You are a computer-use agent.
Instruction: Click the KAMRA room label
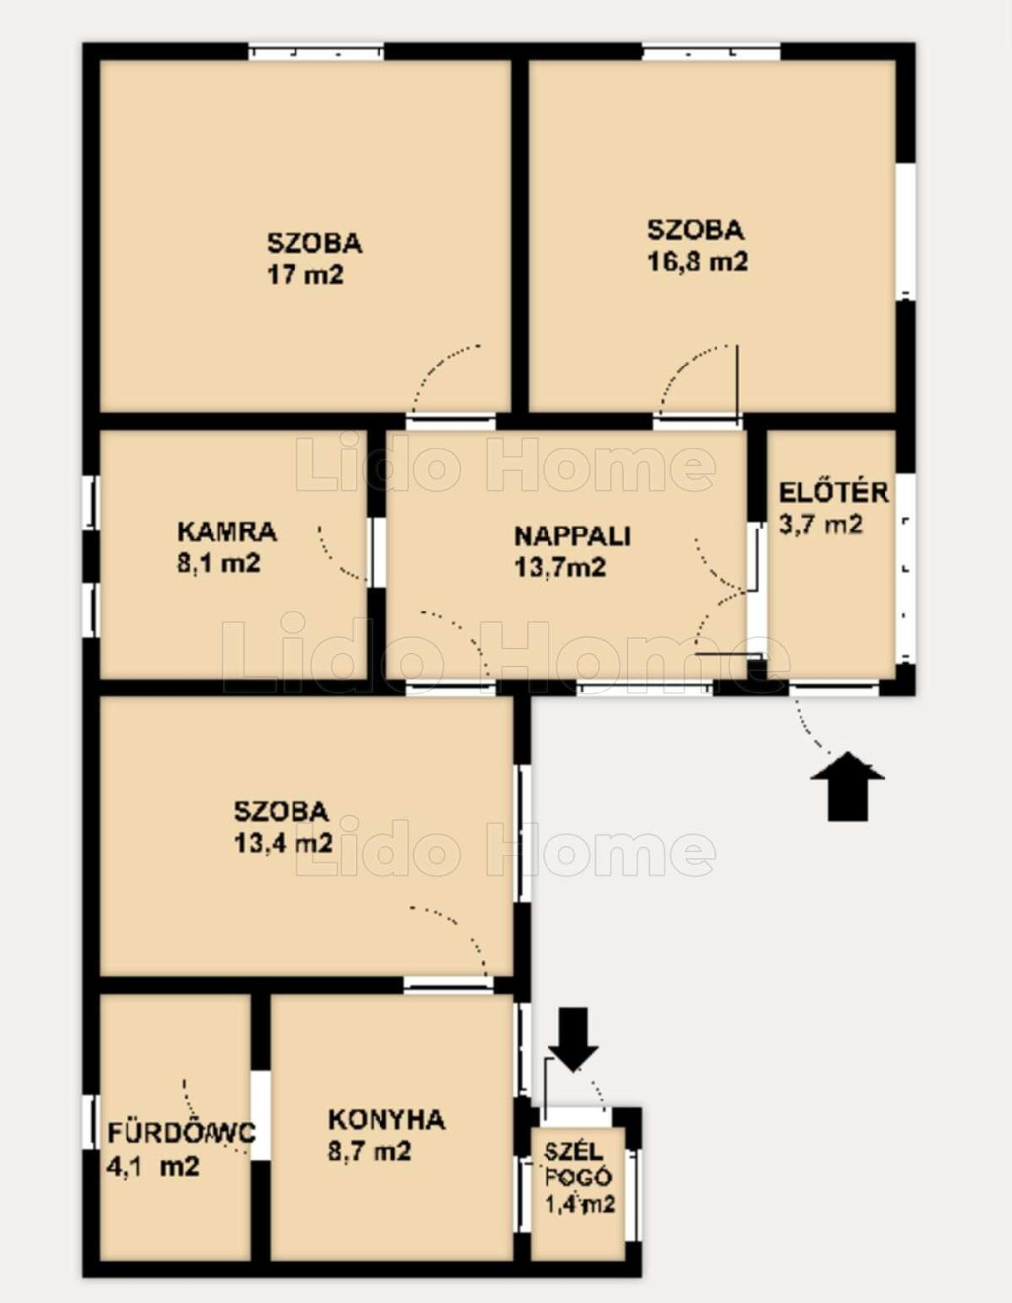pos(226,531)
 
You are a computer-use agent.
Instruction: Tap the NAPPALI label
pos(572,535)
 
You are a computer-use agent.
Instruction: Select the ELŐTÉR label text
pos(834,492)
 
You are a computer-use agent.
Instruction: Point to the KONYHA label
pos(386,1120)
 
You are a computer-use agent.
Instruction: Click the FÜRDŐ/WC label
pos(182,1133)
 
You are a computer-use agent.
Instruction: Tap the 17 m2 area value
pos(305,275)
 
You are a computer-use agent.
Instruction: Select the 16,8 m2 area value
pos(699,262)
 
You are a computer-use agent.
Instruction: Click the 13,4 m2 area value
pos(284,843)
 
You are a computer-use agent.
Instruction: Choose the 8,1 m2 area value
pos(219,564)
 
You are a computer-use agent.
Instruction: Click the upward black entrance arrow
pos(848,785)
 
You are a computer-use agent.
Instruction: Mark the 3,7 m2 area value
pos(820,525)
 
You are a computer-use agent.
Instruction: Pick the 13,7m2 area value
pos(559,567)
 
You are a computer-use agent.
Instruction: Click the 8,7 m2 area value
pos(370,1152)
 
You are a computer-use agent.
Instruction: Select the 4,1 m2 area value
pos(153,1167)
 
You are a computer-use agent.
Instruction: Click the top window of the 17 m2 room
pos(316,52)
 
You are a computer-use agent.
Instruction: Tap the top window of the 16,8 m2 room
pos(712,52)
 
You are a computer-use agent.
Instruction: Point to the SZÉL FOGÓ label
pos(578,1164)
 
